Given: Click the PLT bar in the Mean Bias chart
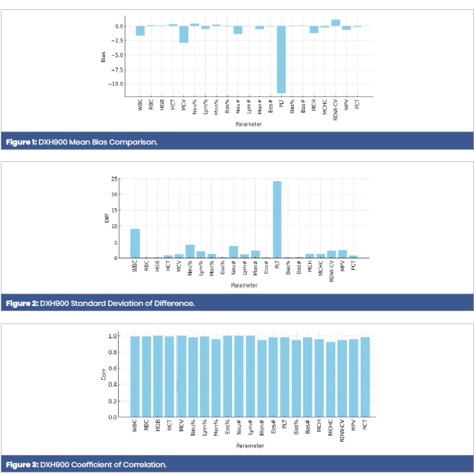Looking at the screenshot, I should click(281, 59).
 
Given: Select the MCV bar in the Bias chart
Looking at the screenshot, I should click(184, 34).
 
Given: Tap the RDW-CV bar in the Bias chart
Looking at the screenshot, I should click(335, 23).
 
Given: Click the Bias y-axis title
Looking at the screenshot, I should click(103, 56).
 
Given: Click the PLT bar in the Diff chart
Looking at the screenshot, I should click(277, 219).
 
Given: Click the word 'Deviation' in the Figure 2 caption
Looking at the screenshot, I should click(144, 304).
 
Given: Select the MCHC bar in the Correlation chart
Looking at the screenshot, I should click(331, 379).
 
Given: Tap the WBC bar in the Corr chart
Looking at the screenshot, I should click(135, 377).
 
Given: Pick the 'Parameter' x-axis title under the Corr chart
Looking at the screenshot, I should click(250, 445).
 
